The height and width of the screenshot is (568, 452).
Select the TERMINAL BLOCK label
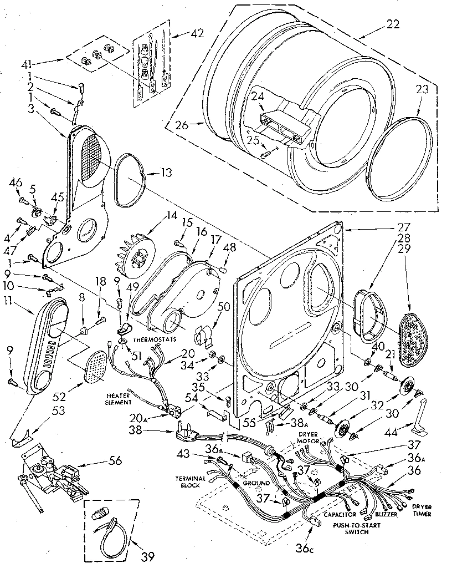191,482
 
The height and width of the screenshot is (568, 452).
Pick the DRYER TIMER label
422,510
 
